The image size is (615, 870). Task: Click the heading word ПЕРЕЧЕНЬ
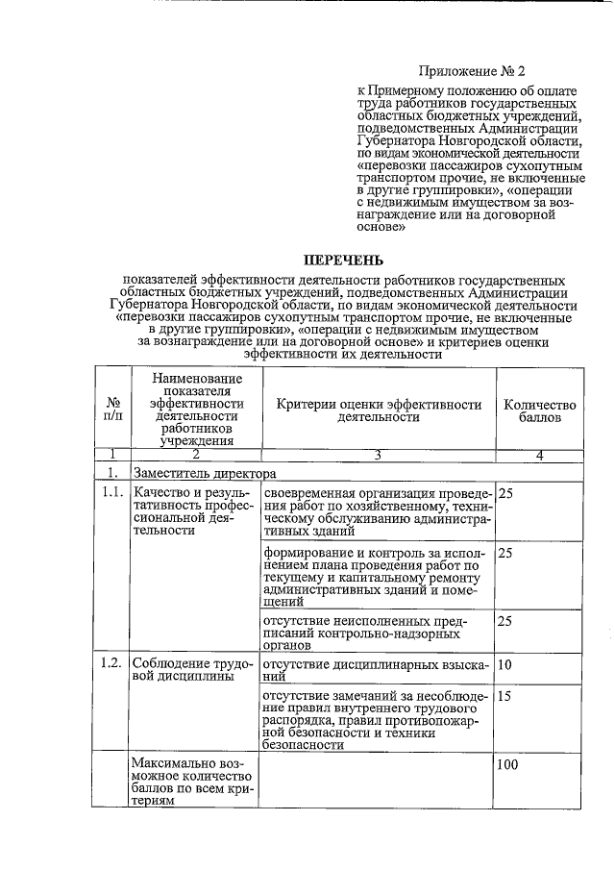(344, 260)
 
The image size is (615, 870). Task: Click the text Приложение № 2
(473, 70)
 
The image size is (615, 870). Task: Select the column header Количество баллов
(539, 411)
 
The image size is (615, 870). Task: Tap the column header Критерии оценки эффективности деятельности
(379, 411)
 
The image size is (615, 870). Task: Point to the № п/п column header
(113, 411)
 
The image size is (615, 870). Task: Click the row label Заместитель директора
(205, 473)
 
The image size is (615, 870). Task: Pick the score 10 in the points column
(507, 665)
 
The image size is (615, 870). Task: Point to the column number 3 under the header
(378, 456)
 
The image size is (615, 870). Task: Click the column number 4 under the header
(539, 456)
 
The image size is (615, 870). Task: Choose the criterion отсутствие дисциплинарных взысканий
(376, 671)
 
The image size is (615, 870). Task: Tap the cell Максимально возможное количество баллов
(192, 785)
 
